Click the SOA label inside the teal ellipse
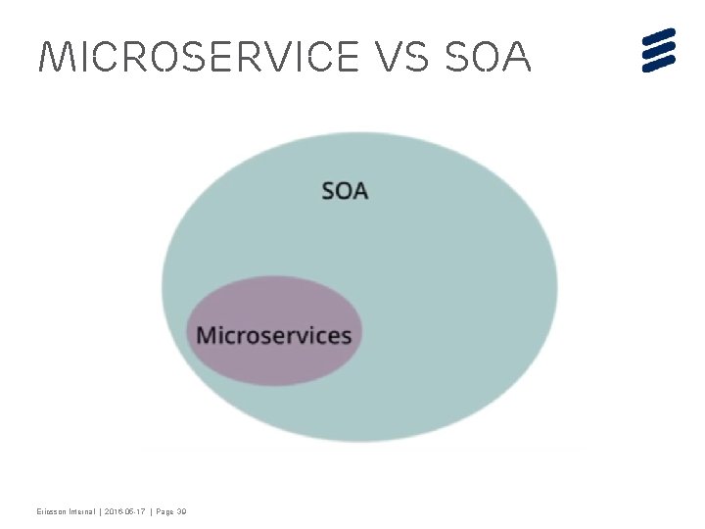click(x=345, y=190)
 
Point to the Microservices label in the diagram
click(x=273, y=335)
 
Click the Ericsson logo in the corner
click(x=659, y=50)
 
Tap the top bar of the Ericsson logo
click(x=659, y=36)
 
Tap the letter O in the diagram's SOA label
click(x=345, y=190)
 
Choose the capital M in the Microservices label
click(x=207, y=335)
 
